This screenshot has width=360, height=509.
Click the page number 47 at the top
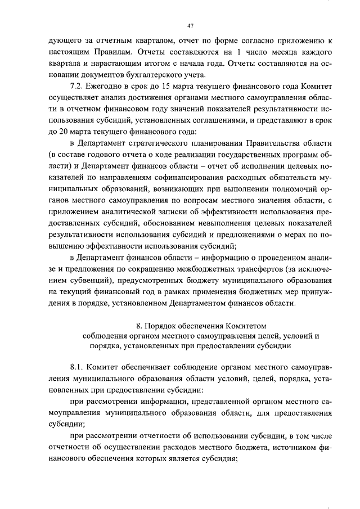coord(190,25)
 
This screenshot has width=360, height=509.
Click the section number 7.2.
coord(75,86)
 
